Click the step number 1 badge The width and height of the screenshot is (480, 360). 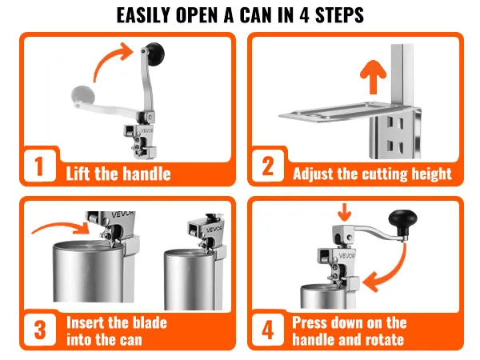point(39,166)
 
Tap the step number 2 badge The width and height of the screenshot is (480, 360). point(268,166)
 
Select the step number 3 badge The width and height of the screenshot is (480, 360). point(40,330)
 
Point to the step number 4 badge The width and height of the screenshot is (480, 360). point(268,330)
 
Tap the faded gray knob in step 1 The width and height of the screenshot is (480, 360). point(82,95)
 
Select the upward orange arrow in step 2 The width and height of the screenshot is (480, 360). point(373,77)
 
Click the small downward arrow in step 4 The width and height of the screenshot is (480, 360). point(345,212)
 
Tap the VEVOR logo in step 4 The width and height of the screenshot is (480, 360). point(347,255)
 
